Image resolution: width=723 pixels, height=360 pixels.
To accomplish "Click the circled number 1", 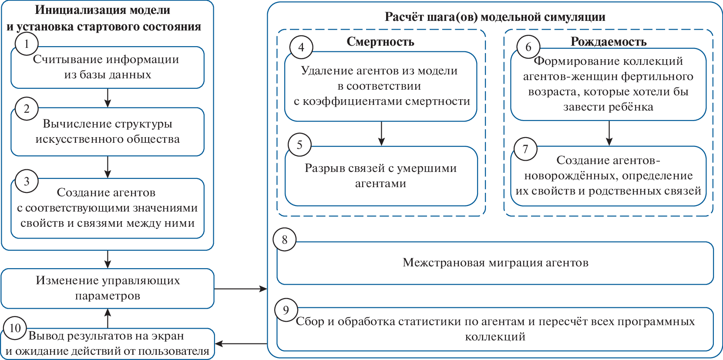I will point(27,44).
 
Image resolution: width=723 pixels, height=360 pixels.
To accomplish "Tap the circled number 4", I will point(301,47).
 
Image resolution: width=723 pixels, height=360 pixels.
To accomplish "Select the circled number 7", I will point(525,149).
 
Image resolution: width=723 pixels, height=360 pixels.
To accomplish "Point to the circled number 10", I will point(15,328).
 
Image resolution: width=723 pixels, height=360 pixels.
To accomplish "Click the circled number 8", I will point(285,239).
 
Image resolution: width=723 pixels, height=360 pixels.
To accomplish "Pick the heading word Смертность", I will point(380,42).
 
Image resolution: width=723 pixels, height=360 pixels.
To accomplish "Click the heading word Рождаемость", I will point(608,42).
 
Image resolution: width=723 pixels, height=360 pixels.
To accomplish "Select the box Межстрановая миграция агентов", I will point(495,263).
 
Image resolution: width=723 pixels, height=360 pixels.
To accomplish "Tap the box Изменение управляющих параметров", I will point(108,288).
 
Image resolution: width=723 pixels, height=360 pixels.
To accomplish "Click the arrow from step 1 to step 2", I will point(108,98).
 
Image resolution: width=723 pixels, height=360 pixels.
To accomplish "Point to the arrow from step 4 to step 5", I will point(381,133).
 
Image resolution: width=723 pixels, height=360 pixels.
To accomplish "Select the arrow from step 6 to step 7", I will point(609,133).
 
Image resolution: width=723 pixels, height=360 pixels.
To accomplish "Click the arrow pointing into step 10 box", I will point(241,344).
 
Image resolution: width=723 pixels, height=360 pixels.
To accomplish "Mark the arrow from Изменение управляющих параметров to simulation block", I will point(241,289).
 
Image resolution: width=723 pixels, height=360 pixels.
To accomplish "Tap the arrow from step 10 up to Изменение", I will point(108,318).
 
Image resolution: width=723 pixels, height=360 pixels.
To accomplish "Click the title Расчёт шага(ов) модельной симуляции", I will point(495,17).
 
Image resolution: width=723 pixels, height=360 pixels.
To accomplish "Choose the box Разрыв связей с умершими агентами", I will point(381,176).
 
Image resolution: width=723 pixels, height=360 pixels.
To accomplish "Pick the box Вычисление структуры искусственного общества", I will point(108,131).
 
